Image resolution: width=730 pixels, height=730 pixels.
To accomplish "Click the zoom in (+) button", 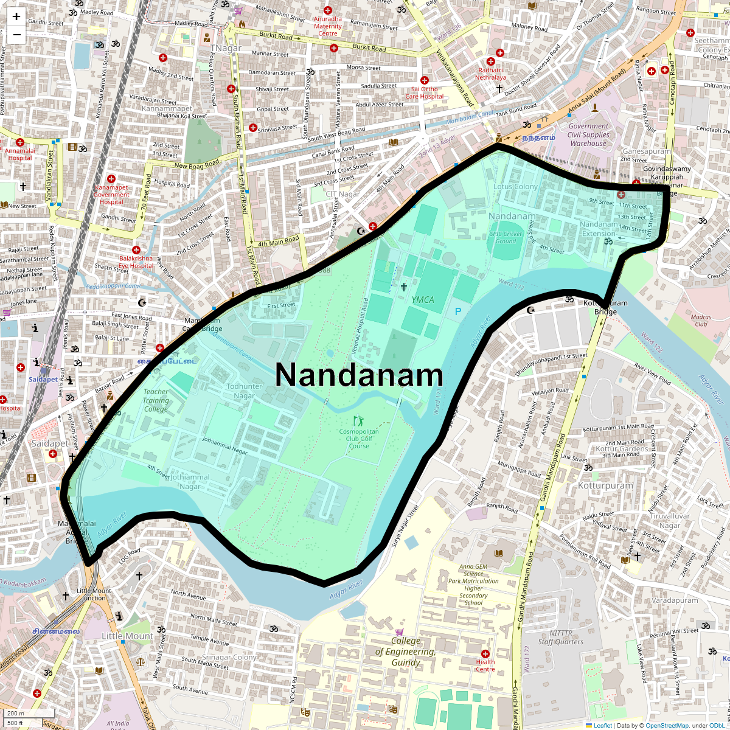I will coord(16,17).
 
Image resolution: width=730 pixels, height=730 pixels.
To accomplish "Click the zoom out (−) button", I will coord(16,35).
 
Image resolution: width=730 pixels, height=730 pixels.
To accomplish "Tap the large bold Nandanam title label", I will coord(360,375).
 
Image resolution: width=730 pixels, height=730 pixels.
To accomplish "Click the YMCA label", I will coord(423,299).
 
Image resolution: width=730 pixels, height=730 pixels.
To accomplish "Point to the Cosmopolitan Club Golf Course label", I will coord(359,439).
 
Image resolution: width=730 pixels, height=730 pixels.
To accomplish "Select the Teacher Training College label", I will coord(156,400).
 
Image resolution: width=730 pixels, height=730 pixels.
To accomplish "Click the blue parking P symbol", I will coord(458,311).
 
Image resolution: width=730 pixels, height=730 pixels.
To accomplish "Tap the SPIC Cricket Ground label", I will coord(506,237).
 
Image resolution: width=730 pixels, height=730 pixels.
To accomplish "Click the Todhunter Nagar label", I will coord(244,391).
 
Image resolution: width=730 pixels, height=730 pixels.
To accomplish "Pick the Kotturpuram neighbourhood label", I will coord(605,486).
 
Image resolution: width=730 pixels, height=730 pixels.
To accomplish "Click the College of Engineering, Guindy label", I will coord(406,652).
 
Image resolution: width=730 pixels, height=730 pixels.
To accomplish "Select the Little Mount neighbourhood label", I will coord(127,636).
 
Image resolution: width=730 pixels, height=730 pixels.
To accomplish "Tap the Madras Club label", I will coord(701,321).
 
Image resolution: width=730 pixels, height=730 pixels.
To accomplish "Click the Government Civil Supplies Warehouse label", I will coord(588,135).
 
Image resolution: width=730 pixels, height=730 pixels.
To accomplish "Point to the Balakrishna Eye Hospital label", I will coord(136,262).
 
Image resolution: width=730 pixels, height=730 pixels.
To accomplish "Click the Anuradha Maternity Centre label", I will coord(328,26).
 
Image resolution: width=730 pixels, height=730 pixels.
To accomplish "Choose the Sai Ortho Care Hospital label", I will coord(425,92).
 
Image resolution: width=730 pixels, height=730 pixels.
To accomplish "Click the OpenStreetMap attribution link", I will coord(667,725).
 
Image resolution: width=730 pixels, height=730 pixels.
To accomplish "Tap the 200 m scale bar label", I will coord(16,714).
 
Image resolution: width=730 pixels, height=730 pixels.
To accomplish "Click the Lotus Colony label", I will coord(516,187).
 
